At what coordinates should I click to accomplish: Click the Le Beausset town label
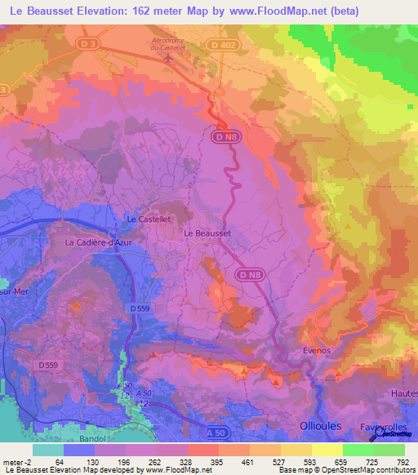(x=207, y=233)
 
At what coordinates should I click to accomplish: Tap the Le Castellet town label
(x=148, y=220)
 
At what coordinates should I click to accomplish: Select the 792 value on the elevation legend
(x=403, y=463)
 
